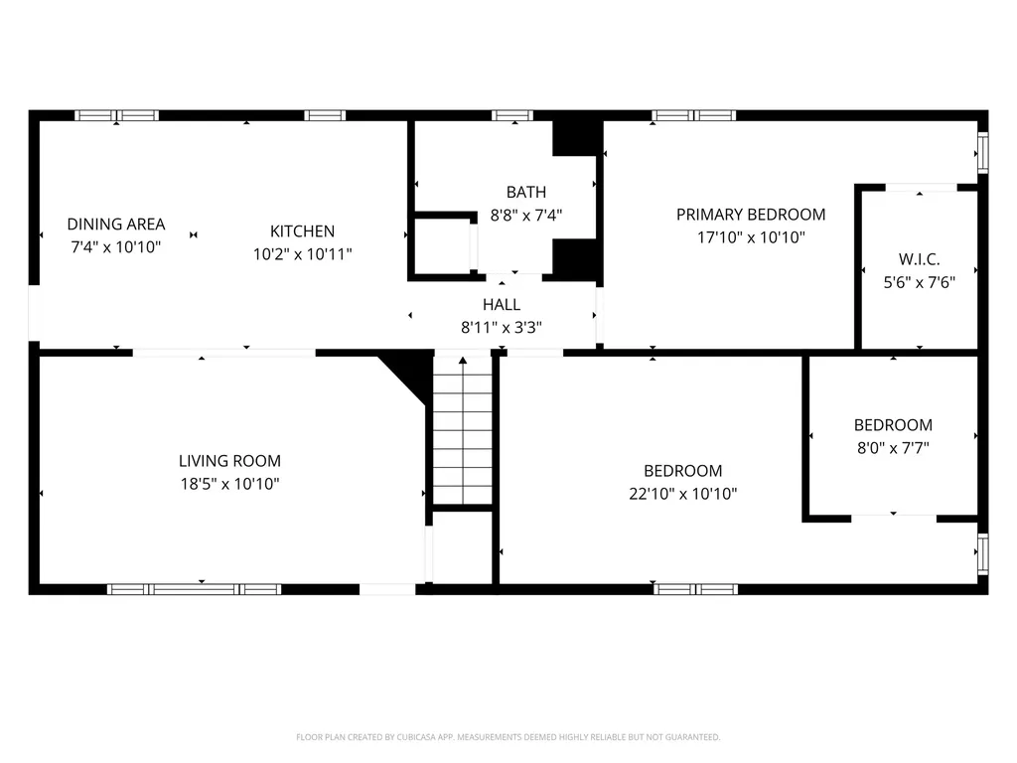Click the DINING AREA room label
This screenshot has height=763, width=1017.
tap(116, 225)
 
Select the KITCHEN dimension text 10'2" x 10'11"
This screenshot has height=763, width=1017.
tap(302, 254)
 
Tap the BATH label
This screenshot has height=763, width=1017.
tap(525, 192)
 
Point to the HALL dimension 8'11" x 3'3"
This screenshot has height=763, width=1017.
tap(501, 327)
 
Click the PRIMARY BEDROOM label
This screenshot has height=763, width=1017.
tap(751, 215)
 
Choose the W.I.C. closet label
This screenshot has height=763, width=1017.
tap(919, 258)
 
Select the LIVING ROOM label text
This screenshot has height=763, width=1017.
tap(229, 461)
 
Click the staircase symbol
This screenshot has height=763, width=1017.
tap(463, 429)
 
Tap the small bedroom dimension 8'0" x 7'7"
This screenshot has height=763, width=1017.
tap(893, 448)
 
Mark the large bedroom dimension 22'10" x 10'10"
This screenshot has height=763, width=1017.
tap(683, 494)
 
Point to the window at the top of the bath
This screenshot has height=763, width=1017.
tap(511, 115)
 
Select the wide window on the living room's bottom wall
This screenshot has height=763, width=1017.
tap(194, 589)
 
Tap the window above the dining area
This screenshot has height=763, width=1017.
tap(117, 115)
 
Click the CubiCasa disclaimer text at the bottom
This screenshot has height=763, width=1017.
tap(508, 737)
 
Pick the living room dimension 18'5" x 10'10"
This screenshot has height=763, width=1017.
tap(229, 484)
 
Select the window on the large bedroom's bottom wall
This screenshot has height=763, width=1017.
tap(695, 589)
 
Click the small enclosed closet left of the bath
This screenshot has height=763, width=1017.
tap(440, 245)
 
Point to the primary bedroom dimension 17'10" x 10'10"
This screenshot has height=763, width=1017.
tap(751, 237)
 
